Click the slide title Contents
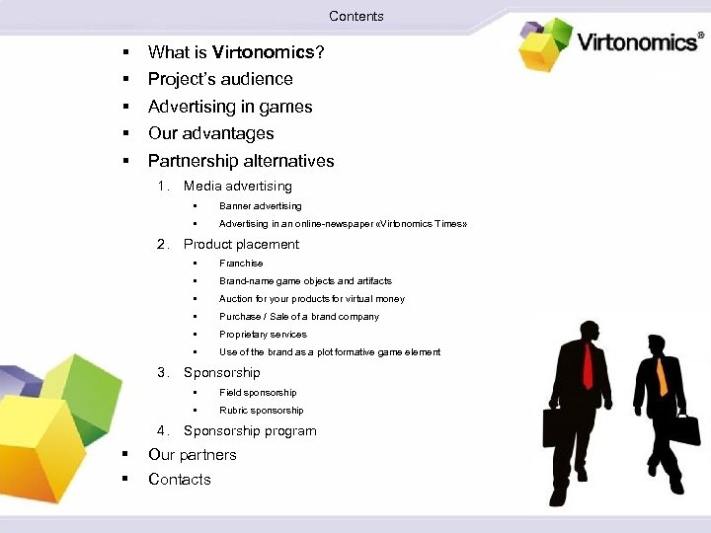[x=355, y=16]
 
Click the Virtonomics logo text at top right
[x=639, y=42]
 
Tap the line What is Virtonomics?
[x=236, y=51]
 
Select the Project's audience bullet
[x=220, y=79]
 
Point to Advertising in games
[x=230, y=107]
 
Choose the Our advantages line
[x=210, y=133]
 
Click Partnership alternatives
[x=241, y=161]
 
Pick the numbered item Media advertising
[x=238, y=186]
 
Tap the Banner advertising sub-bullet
[x=260, y=206]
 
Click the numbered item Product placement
[x=241, y=244]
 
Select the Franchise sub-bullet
[x=241, y=264]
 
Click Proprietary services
[x=263, y=335]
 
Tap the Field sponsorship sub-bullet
[x=257, y=393]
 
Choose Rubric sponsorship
[x=261, y=411]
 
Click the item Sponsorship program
[x=250, y=430]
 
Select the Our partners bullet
[x=193, y=455]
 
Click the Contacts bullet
[x=180, y=480]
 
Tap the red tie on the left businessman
[x=588, y=366]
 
